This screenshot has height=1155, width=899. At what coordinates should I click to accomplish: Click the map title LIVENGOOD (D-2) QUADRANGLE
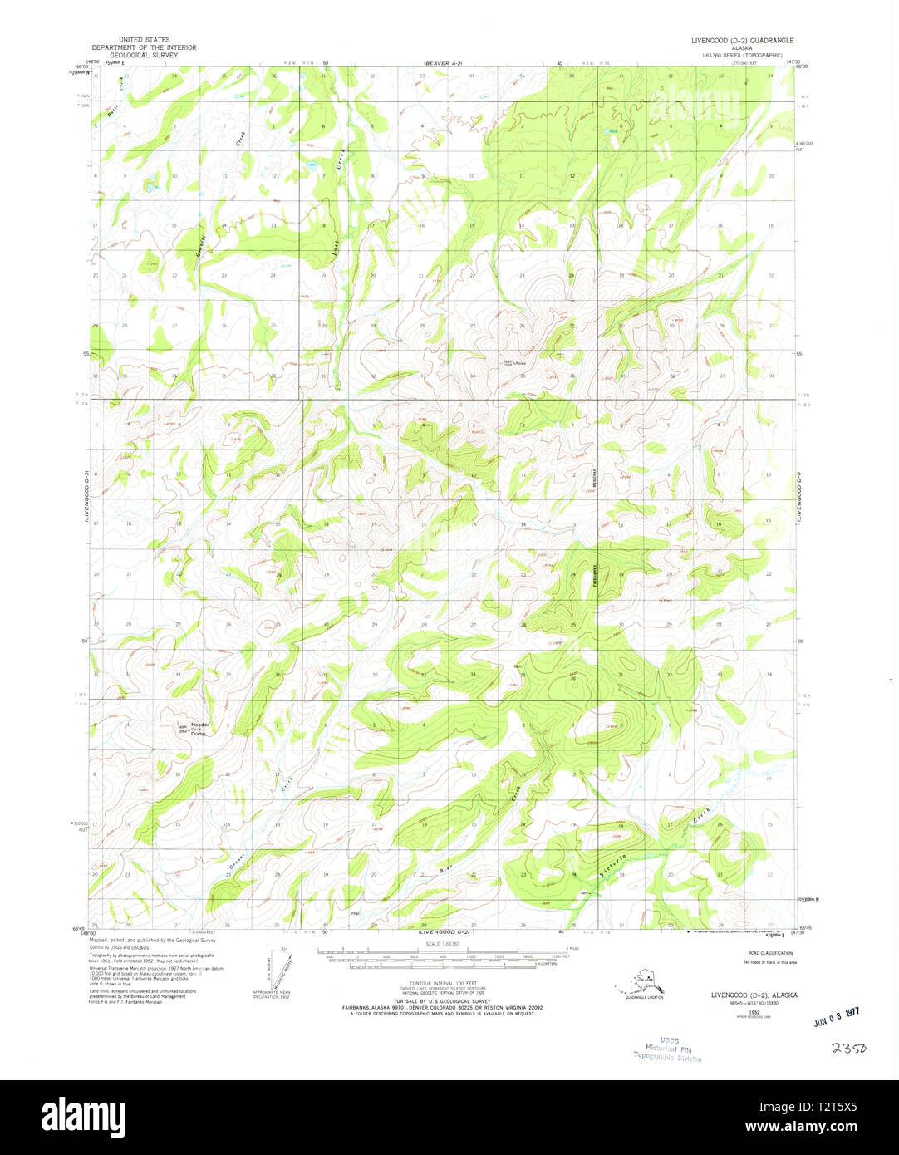coord(743,40)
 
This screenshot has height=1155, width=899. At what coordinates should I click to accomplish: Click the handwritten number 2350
coord(847,1049)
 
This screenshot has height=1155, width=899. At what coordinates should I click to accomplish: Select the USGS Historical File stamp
coord(668,1049)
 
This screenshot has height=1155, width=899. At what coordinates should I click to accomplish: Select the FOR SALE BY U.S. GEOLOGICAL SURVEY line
coord(443,1001)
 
